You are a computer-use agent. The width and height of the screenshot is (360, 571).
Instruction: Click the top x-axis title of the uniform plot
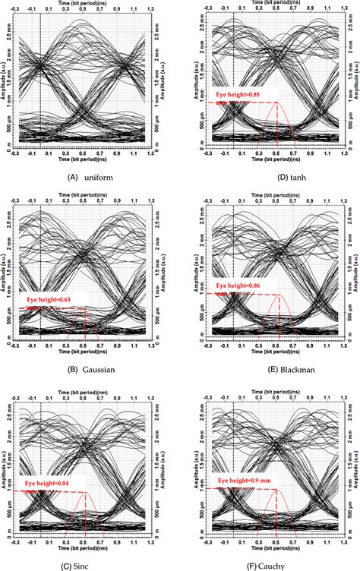pyautogui.click(x=84, y=4)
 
